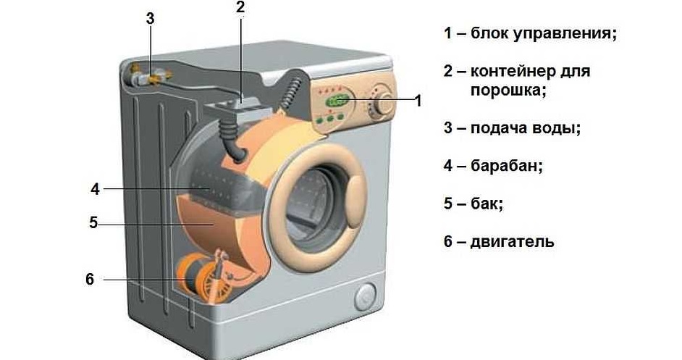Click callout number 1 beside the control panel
click(x=418, y=101)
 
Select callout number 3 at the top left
click(x=150, y=19)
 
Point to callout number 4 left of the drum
click(x=95, y=189)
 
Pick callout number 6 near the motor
click(x=90, y=279)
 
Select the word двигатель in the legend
click(x=512, y=241)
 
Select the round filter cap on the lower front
click(x=365, y=295)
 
